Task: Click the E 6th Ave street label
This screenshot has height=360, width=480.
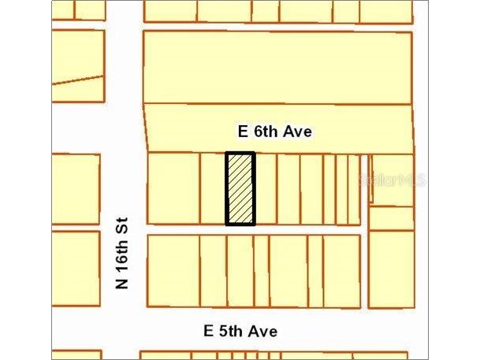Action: point(276,132)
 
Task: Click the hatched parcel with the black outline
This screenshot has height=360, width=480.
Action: point(240,189)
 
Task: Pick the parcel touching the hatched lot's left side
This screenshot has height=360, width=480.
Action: point(213,189)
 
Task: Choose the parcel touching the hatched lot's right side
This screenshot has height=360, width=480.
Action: point(266,189)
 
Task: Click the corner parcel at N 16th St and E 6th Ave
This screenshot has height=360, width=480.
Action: point(173,189)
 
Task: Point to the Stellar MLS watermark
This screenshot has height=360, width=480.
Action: point(392,180)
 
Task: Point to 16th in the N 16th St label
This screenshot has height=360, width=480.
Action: point(123,250)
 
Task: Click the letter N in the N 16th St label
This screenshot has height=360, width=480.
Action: point(123,282)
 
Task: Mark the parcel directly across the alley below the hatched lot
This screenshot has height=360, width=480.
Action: point(240,270)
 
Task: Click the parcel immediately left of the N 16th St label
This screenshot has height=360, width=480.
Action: point(76,268)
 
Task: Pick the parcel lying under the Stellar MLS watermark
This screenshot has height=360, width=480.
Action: point(392,180)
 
